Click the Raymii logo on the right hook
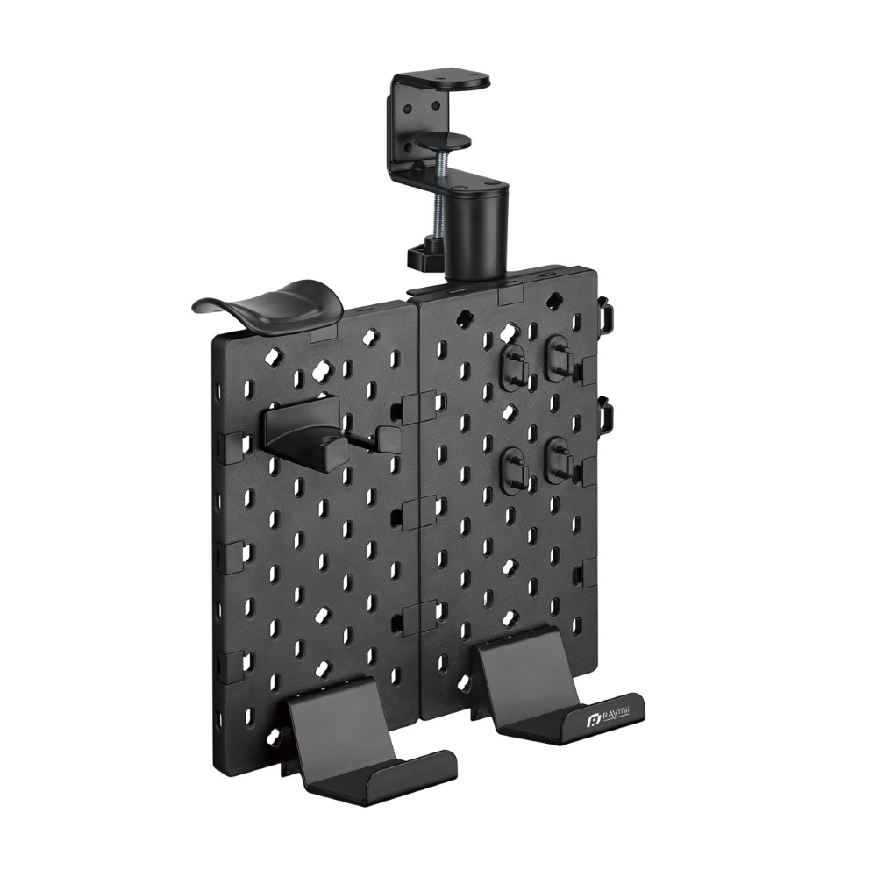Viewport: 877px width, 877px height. point(610,718)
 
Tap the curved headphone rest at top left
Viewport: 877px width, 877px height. point(268,306)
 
